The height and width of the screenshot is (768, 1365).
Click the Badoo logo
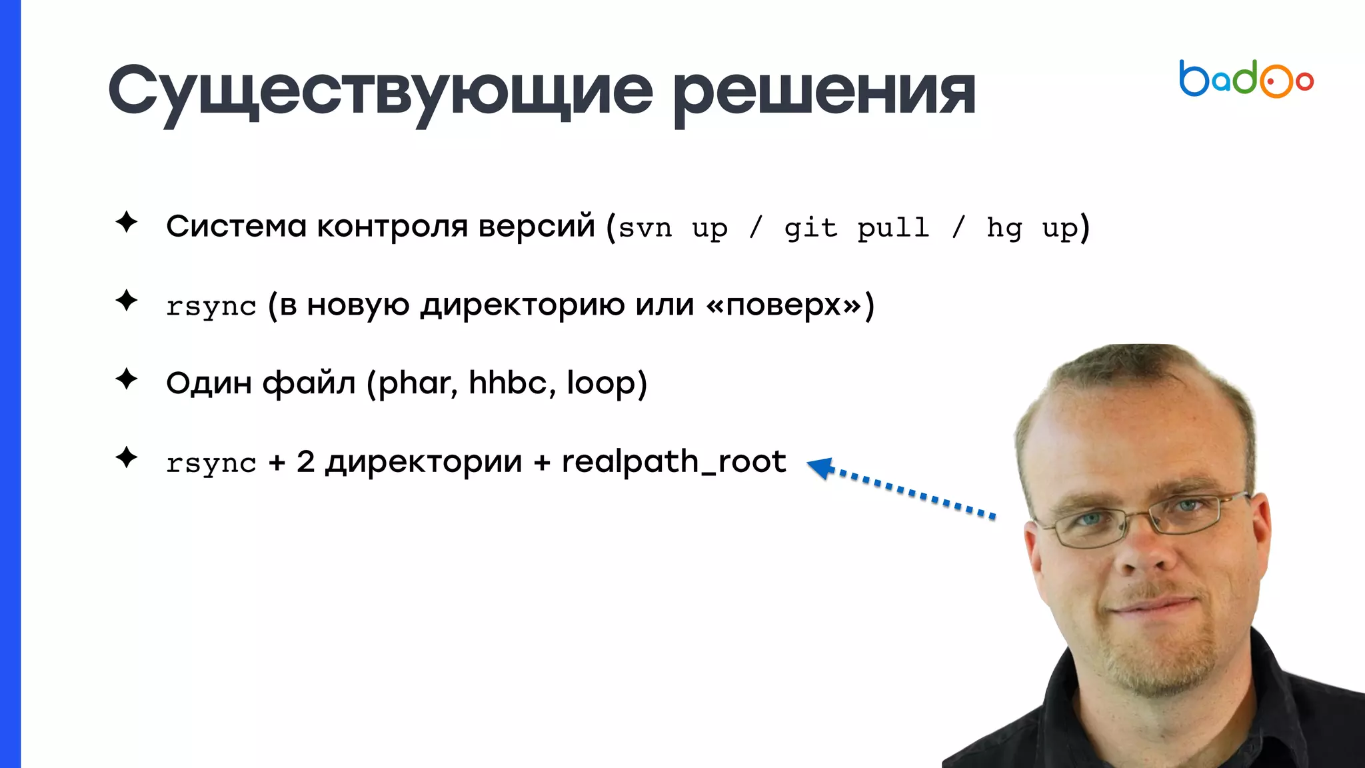[x=1245, y=79]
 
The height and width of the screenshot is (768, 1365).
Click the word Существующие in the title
[x=381, y=92]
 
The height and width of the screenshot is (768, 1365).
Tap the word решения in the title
[x=824, y=92]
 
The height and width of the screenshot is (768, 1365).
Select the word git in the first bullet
[x=810, y=228]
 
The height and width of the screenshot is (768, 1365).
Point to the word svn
[x=645, y=228]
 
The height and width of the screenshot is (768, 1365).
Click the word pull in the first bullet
[x=893, y=228]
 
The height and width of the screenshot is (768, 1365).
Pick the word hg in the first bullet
[x=1004, y=228]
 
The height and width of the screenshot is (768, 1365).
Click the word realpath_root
[x=674, y=461]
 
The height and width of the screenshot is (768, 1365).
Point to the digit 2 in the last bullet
[x=305, y=461]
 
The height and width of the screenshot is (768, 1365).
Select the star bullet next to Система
[x=126, y=222]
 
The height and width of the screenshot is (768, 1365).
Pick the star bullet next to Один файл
[x=126, y=379]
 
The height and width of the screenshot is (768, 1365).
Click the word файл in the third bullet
[x=309, y=383]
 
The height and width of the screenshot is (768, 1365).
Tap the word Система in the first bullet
[x=236, y=226]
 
